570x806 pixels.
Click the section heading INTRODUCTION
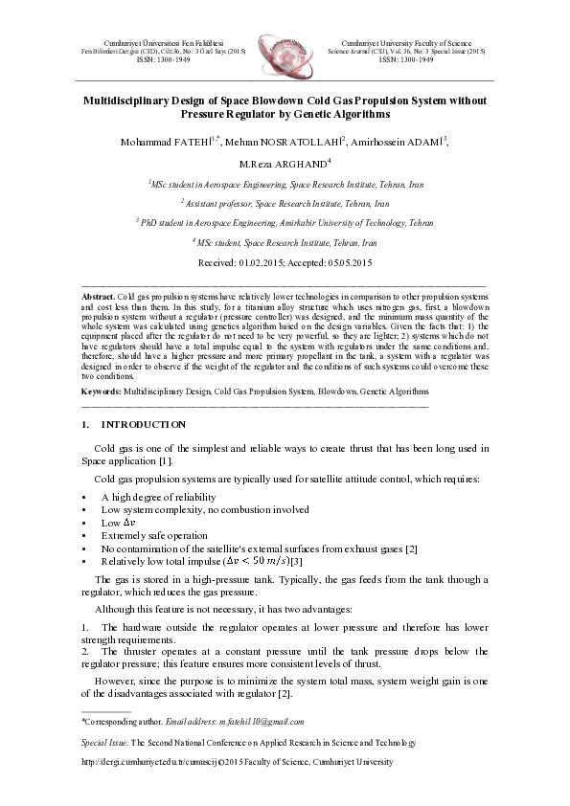click(x=144, y=423)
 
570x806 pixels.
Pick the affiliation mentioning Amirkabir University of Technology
click(x=285, y=221)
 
